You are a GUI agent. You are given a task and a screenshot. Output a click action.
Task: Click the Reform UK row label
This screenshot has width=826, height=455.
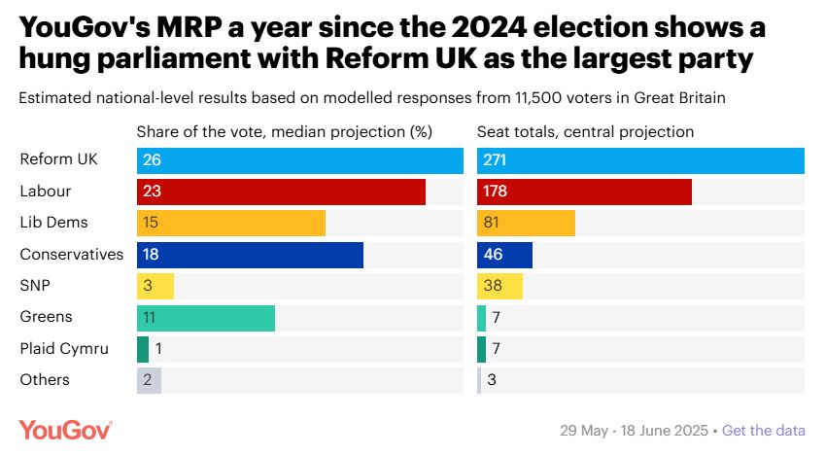58,159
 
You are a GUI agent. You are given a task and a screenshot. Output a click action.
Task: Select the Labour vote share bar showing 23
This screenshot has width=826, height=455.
281,192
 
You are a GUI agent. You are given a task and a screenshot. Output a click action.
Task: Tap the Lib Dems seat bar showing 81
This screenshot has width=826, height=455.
526,223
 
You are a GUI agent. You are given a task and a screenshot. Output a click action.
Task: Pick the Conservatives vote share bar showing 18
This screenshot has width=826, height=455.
250,255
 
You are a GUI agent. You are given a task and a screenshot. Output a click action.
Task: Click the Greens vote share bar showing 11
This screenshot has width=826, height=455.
206,318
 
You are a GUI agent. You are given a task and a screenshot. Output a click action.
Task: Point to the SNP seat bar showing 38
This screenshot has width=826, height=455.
499,286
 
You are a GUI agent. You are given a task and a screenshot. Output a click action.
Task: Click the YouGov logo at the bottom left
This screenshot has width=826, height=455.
66,430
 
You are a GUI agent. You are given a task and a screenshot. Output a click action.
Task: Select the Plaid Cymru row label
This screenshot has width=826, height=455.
64,349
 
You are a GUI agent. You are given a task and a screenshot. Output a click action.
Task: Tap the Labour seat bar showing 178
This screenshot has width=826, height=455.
584,192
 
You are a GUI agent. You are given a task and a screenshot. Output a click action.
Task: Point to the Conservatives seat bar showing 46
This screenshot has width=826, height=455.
504,255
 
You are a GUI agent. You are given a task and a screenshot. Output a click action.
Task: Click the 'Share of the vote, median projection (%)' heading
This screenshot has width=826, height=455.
284,131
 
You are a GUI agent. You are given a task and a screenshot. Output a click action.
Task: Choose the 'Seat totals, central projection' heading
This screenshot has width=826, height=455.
585,131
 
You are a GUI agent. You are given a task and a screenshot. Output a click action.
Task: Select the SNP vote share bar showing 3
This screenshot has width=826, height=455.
155,286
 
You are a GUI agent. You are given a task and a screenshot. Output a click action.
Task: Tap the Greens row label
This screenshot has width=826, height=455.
46,317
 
